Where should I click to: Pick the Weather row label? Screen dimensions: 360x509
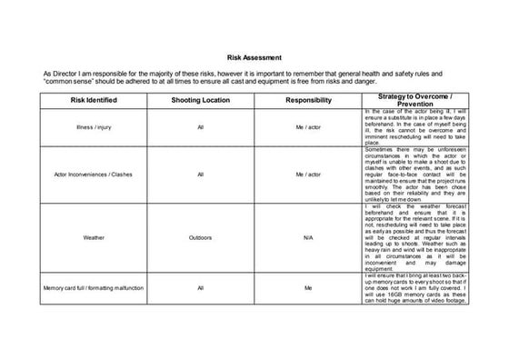click(x=95, y=237)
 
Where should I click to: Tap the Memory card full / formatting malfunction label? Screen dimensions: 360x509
click(x=95, y=288)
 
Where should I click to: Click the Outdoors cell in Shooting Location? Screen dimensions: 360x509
click(x=200, y=237)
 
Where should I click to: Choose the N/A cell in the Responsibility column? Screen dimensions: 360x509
click(x=308, y=237)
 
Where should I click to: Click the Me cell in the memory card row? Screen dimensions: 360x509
click(x=308, y=288)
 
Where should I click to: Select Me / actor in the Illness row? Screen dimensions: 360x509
click(x=308, y=128)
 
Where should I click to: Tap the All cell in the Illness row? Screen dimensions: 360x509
click(x=200, y=128)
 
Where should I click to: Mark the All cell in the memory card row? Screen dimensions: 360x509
click(x=200, y=288)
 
